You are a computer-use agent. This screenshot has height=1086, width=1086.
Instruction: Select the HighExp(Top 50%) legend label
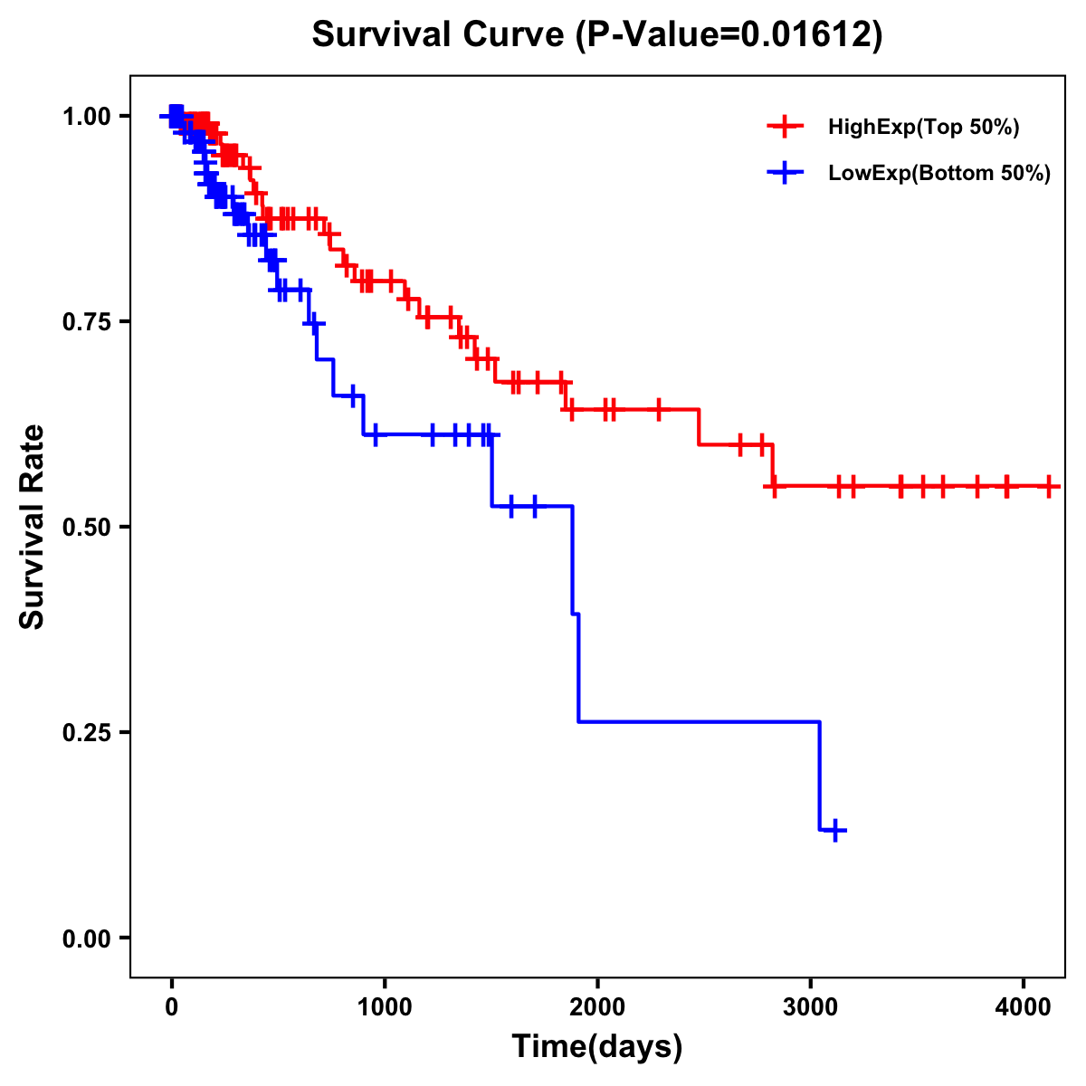[x=923, y=128]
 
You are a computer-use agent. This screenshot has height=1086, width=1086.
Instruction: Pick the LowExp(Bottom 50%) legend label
[x=939, y=174]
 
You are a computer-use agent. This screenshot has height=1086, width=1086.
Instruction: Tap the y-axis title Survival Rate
[x=33, y=527]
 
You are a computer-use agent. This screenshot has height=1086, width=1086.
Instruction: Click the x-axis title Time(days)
[x=597, y=1047]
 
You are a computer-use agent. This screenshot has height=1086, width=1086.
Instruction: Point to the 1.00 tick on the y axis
[x=87, y=116]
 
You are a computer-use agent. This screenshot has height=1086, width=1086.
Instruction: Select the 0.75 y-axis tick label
[x=87, y=321]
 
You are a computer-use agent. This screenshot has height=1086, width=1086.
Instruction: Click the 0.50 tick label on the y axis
[x=87, y=527]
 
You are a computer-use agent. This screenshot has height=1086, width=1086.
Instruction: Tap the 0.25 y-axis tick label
[x=87, y=732]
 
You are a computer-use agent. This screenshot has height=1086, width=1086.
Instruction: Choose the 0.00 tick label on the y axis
[x=87, y=938]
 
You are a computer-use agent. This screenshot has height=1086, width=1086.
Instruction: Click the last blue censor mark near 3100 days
[x=835, y=830]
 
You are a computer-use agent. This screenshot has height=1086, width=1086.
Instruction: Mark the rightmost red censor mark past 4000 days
[x=1048, y=486]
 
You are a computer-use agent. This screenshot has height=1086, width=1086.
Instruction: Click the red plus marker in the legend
[x=785, y=127]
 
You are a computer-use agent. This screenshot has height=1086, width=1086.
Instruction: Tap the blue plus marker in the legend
[x=785, y=173]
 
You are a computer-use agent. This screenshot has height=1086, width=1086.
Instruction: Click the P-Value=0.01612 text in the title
[x=730, y=34]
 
